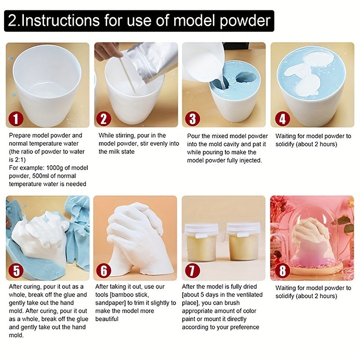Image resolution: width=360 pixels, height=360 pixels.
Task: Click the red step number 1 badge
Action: point(16,119)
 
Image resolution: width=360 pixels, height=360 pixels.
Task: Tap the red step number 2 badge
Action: point(104,119)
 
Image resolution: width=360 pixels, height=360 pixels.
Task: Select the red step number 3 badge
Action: point(193,119)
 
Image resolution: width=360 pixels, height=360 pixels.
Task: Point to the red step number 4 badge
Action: point(282,119)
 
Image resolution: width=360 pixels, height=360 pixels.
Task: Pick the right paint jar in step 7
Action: point(243,242)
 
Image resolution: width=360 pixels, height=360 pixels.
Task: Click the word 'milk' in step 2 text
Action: point(115,152)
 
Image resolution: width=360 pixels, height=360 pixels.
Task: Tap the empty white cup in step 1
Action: point(47,83)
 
